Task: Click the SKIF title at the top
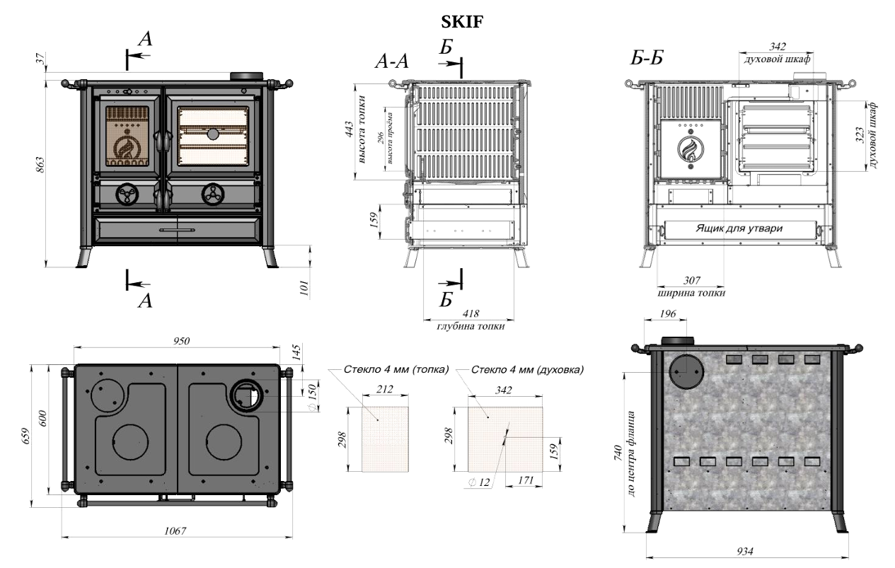click(x=462, y=21)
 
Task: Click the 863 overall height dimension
click(x=40, y=165)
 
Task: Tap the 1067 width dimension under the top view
click(x=175, y=531)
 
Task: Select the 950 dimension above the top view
click(x=181, y=341)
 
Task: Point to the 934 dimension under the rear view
click(x=745, y=552)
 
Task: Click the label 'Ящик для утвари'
click(x=739, y=228)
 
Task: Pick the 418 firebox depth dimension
click(x=470, y=313)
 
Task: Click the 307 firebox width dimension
click(x=692, y=280)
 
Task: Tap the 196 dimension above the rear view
click(x=668, y=314)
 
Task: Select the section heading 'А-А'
click(x=391, y=62)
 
